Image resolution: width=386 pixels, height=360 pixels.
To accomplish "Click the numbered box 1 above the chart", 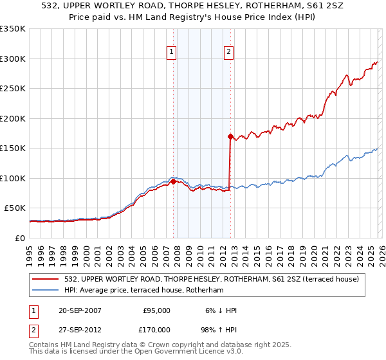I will coord(172,53).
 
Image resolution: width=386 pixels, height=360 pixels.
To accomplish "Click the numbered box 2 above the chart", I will coord(229,53).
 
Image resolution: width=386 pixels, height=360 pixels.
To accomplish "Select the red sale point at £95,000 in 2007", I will coord(173,181).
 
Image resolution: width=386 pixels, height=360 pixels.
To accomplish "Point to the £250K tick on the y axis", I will coord(13,89).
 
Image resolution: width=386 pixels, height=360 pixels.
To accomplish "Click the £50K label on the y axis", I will coord(15,208).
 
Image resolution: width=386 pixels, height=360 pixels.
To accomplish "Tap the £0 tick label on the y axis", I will coord(21,238).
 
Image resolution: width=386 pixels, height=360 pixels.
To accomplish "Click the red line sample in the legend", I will coord(45,279).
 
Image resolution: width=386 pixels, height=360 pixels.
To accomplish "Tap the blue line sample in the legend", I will coord(45,291).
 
